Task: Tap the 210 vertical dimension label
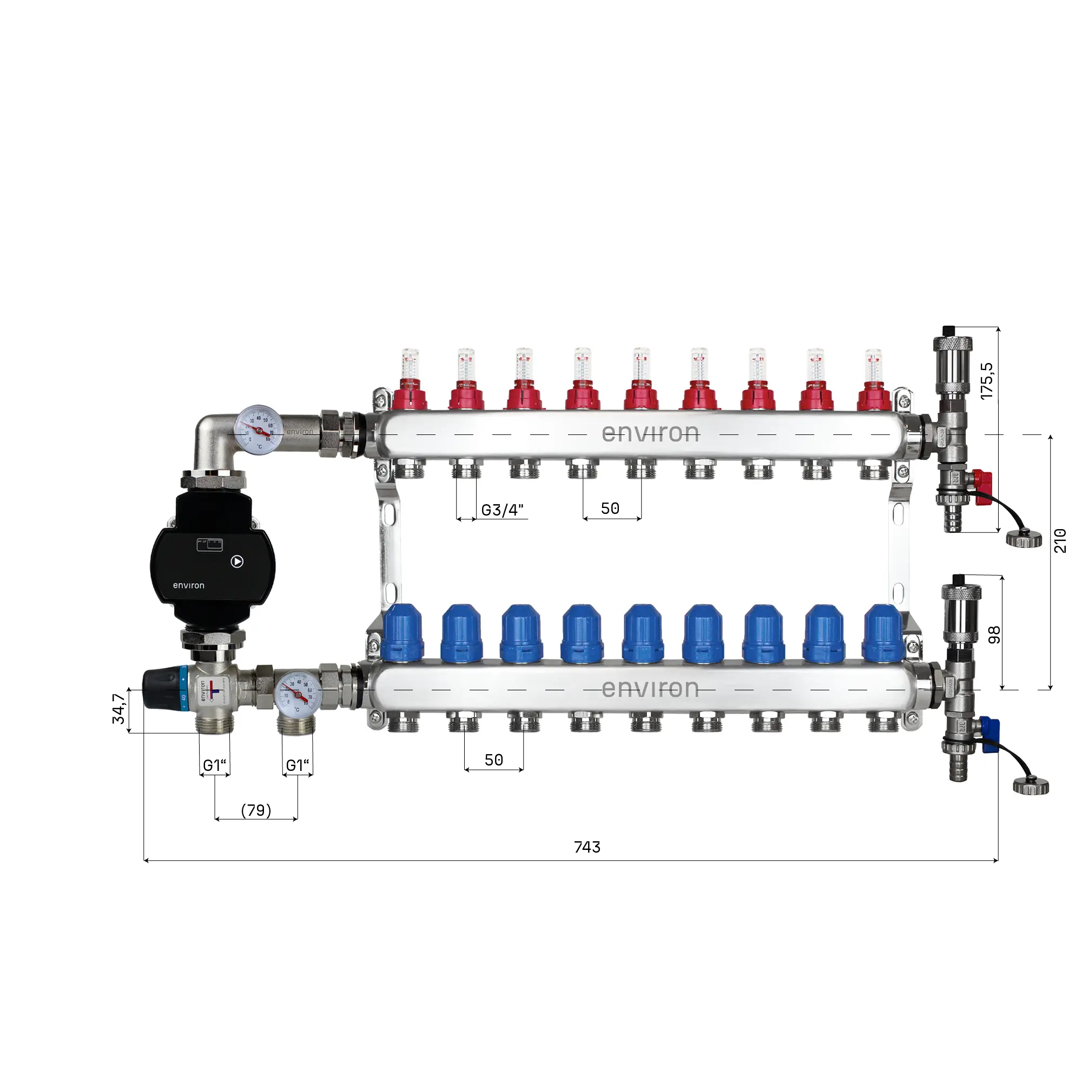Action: coord(1059,540)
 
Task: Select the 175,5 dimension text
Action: coord(986,381)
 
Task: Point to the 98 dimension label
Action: coord(994,635)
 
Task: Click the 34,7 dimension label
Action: coord(118,709)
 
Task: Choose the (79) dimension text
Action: coord(256,810)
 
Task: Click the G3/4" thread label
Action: coord(503,510)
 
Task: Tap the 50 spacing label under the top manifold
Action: coord(610,509)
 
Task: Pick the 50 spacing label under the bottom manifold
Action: coord(493,760)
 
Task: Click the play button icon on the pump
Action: coord(237,561)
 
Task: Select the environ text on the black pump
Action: coord(189,585)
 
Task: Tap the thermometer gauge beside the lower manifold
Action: coord(299,694)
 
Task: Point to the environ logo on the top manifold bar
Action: coord(650,433)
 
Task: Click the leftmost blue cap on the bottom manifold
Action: coord(401,634)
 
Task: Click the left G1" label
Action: coord(214,765)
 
